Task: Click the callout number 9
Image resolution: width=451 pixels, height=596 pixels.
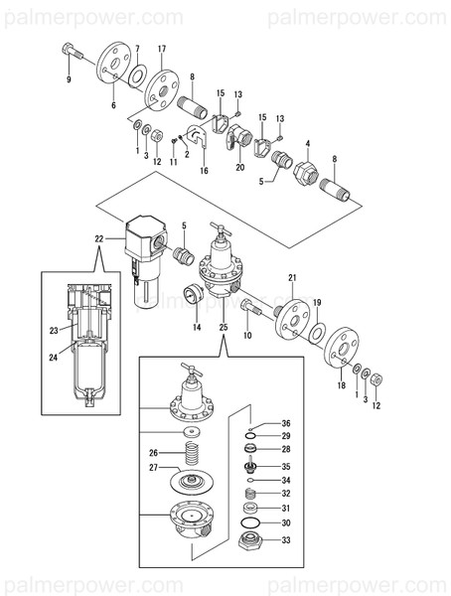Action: tap(69, 80)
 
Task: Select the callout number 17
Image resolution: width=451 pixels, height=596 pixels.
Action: tap(162, 50)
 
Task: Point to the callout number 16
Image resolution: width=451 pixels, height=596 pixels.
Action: tap(204, 171)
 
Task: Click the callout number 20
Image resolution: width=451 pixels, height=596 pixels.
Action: tap(239, 168)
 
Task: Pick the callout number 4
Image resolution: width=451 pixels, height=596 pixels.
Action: tap(308, 144)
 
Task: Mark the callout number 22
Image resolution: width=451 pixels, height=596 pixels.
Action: tap(98, 238)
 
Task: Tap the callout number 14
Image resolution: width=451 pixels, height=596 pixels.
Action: tap(196, 327)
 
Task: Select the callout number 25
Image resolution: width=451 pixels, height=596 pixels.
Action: tap(223, 327)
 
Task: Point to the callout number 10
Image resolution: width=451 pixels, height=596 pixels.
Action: tap(248, 336)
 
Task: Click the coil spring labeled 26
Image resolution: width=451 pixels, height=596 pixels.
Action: tap(187, 457)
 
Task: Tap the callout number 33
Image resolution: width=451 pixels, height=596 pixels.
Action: tap(285, 540)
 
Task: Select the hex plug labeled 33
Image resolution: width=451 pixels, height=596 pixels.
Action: tap(252, 542)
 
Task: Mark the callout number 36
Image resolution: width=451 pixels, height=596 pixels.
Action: tap(285, 424)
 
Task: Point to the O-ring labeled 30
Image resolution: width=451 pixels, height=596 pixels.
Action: tap(252, 523)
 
